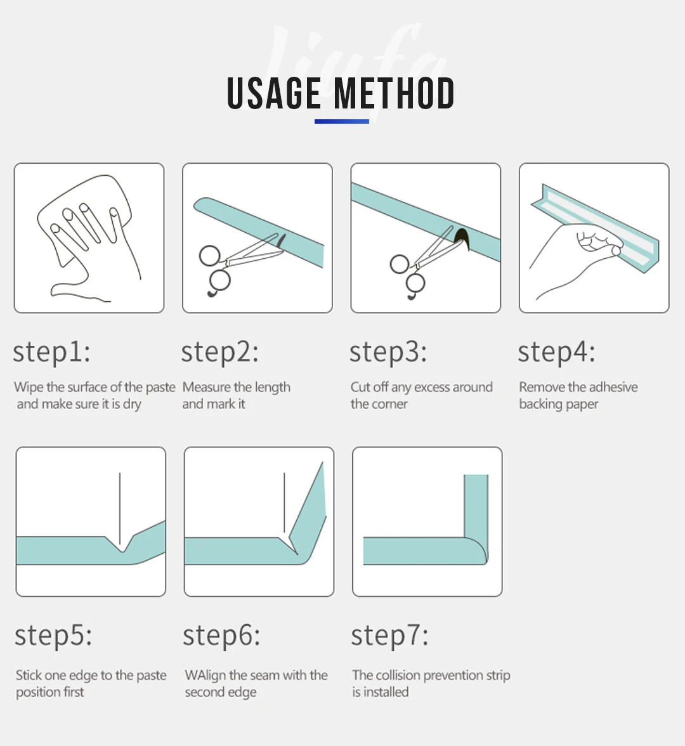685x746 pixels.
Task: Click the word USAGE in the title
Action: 274,93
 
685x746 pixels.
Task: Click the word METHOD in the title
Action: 395,93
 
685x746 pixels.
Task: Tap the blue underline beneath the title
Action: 341,121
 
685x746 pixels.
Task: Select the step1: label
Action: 51,353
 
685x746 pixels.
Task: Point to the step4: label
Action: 556,353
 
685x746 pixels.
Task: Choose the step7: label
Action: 389,636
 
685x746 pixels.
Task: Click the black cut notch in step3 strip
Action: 462,239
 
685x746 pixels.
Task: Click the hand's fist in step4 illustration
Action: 597,240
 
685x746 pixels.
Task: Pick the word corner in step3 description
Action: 393,405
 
